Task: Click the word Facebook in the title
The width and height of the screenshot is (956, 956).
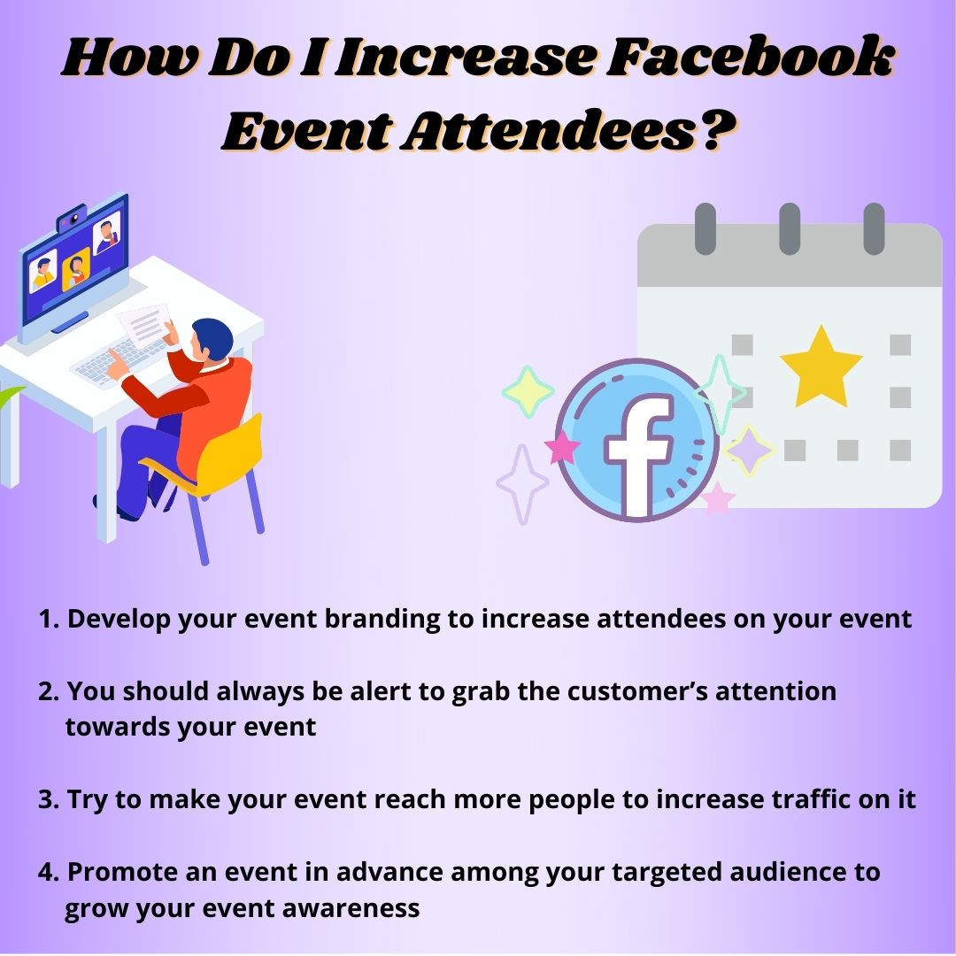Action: click(750, 57)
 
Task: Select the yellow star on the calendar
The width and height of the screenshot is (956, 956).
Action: click(821, 367)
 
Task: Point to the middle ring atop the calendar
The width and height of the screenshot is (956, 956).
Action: click(790, 228)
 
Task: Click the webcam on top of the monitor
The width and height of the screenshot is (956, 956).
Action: click(73, 218)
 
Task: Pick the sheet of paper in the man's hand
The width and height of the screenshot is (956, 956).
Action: click(144, 326)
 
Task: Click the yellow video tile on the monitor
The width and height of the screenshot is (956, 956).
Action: click(76, 268)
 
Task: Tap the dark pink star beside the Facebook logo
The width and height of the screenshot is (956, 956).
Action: click(561, 447)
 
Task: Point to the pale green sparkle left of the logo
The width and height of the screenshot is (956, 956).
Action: click(528, 392)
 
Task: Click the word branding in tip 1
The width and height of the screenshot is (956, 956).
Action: click(382, 620)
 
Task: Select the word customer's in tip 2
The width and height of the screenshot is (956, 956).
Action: click(637, 691)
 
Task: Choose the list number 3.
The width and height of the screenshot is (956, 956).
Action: click(48, 799)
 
